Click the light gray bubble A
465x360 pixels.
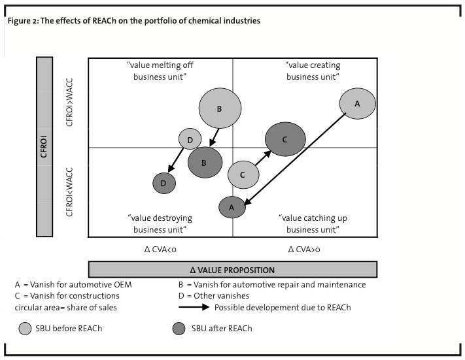coord(357,104)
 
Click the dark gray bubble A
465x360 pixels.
coord(232,207)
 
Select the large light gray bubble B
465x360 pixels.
coord(220,108)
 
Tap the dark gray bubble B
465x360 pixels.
coord(205,163)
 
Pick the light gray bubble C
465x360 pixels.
coord(243,174)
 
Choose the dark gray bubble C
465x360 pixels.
coord(284,139)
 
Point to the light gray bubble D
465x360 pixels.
coord(190,139)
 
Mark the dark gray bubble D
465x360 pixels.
coord(164,184)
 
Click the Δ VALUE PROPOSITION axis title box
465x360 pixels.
coord(232,270)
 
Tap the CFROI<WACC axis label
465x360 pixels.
coord(70,193)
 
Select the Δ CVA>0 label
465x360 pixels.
coord(304,249)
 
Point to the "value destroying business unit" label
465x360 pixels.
coord(160,223)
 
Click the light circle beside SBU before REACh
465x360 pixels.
coord(25,329)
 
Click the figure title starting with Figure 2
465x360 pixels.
coord(134,21)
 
